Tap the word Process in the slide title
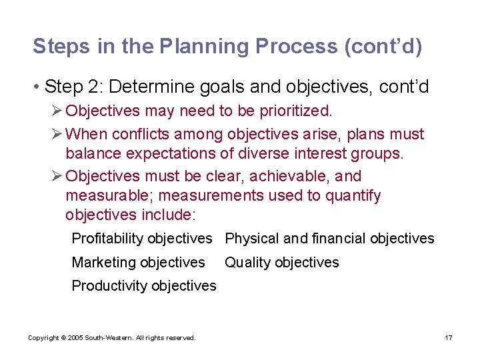(289, 47)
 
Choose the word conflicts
(143, 134)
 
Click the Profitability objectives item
(142, 239)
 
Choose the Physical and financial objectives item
(329, 239)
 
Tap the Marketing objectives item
(138, 263)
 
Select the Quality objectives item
(281, 263)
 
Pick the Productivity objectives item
(144, 286)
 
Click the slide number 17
(449, 338)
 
